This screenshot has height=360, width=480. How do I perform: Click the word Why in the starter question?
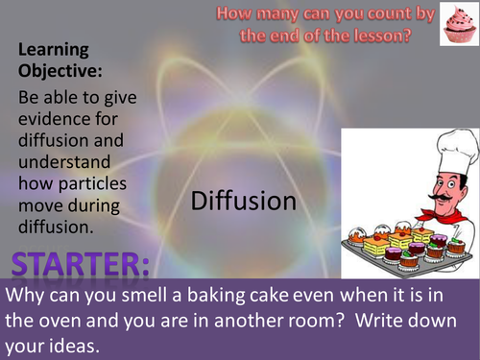click(27, 295)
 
